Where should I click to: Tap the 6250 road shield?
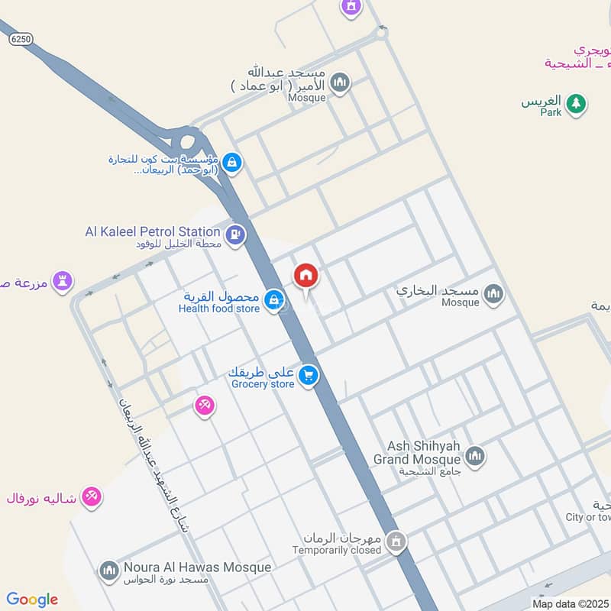[21, 40]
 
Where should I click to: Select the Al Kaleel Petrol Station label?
[153, 231]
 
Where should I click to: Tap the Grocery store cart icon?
[309, 376]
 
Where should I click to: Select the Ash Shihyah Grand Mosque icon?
[475, 457]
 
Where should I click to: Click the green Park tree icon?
[576, 104]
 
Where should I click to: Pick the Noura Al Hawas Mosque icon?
[108, 570]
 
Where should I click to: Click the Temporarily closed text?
[337, 549]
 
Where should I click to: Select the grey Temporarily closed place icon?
[396, 542]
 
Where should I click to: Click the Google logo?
[32, 600]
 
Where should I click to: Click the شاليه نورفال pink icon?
[92, 496]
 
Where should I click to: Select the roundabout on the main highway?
[186, 142]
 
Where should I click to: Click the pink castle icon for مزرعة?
[63, 282]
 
